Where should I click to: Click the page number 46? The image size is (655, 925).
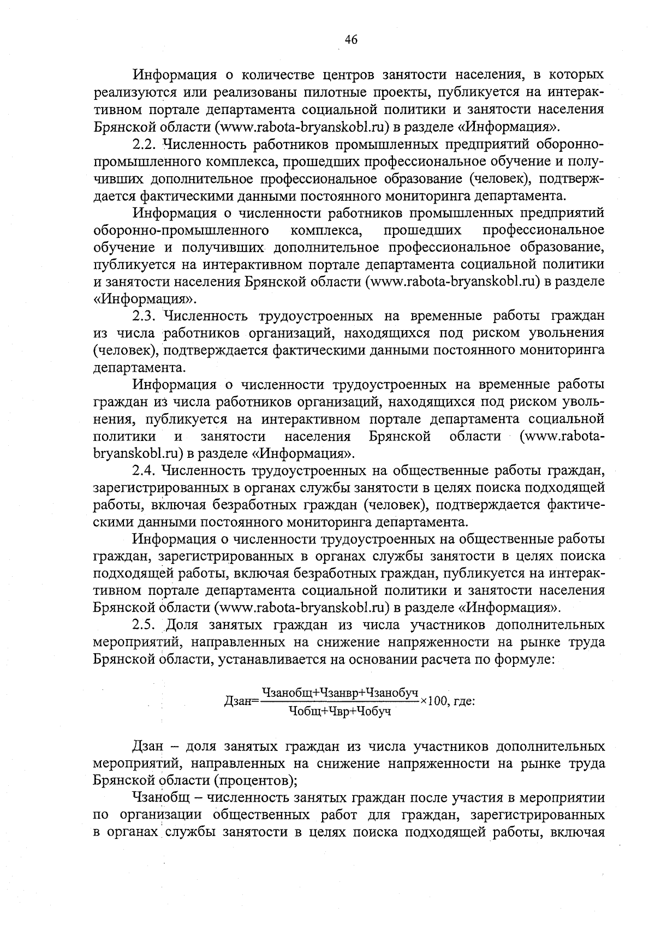click(x=351, y=39)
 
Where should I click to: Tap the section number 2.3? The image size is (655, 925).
click(x=145, y=315)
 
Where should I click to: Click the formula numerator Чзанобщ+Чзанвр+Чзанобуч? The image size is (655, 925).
click(x=340, y=692)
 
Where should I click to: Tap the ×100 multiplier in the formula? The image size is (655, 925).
click(x=434, y=701)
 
